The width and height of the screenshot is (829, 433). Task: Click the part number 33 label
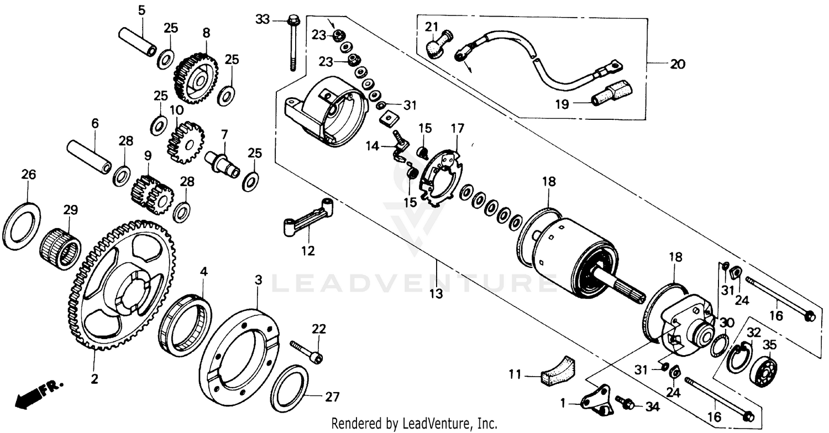coord(263,20)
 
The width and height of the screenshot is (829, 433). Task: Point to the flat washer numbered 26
coord(22,226)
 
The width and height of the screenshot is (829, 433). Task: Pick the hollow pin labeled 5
coord(138,41)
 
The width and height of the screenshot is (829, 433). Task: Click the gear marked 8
coord(196,78)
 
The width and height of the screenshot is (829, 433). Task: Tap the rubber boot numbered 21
coord(438,44)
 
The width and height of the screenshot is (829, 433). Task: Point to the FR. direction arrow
coord(39,393)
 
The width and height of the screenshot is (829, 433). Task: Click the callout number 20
coord(677,64)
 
